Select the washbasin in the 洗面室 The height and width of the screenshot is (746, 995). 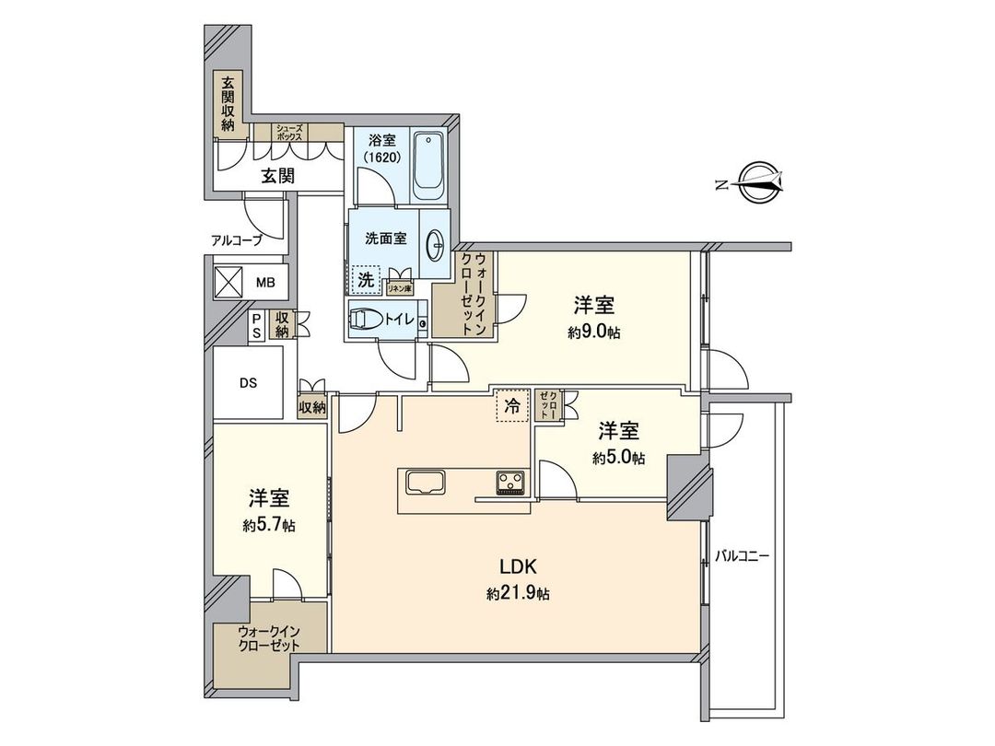tap(437, 244)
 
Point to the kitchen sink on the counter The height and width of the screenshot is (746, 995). tap(423, 483)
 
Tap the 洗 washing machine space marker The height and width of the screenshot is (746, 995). tap(366, 279)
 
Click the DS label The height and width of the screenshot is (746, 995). tap(248, 382)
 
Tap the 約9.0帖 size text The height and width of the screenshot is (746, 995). tap(594, 332)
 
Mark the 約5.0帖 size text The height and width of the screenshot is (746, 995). tap(619, 457)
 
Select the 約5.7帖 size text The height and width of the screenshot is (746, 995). tap(269, 525)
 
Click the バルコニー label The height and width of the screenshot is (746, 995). tap(742, 556)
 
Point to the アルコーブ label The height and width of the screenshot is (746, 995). tap(236, 241)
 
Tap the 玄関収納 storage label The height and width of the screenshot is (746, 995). tap(228, 102)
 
